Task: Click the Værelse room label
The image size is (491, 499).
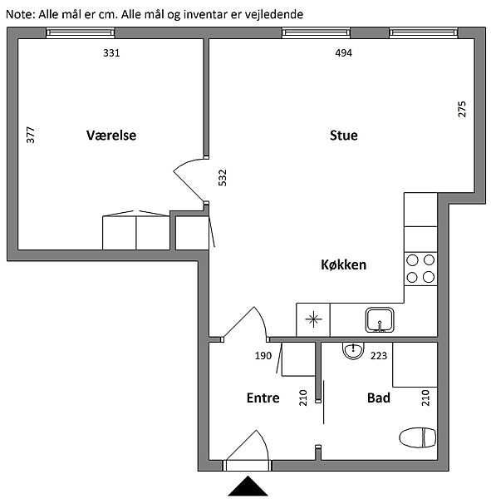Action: click(111, 136)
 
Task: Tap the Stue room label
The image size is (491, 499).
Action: click(343, 136)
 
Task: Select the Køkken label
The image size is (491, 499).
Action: click(343, 264)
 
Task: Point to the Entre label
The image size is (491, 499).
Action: click(263, 398)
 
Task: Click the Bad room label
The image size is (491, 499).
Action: click(378, 398)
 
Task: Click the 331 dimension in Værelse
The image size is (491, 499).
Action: click(111, 53)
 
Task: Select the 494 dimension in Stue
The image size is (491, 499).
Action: click(343, 53)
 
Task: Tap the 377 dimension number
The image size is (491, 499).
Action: click(31, 135)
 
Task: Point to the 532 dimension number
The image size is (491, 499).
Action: click(223, 178)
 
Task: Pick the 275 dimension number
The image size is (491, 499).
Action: click(462, 109)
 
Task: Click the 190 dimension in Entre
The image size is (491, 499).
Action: click(263, 355)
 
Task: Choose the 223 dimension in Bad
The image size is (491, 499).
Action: click(378, 355)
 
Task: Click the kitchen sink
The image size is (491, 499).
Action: click(380, 320)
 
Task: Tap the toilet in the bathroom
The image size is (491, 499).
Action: click(418, 437)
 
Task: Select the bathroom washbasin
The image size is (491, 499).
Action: click(353, 350)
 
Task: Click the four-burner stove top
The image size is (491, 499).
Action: click(420, 269)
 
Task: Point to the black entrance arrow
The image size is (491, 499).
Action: click(248, 486)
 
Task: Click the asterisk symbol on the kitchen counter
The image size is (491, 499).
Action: click(313, 319)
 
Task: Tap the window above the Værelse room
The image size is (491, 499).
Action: click(80, 32)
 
